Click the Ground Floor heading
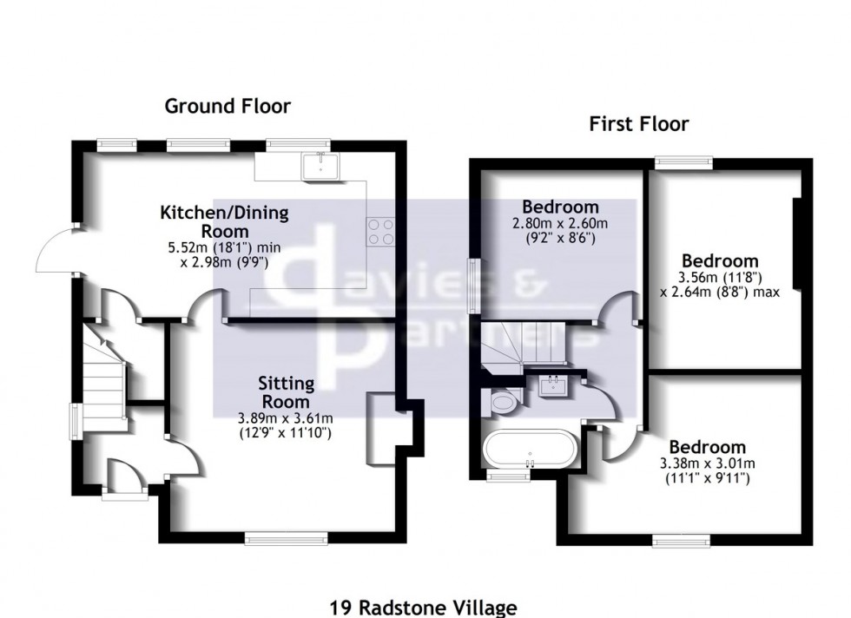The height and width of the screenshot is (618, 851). [228, 106]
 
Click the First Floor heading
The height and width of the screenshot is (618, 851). [638, 124]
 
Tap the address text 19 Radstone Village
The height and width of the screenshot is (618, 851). [423, 608]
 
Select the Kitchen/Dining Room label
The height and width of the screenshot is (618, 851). [224, 221]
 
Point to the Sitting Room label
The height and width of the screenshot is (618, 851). [285, 392]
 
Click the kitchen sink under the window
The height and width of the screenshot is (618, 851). [319, 166]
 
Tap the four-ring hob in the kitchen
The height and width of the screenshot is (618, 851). [379, 230]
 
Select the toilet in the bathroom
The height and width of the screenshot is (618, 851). [501, 401]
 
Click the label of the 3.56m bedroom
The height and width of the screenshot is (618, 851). [720, 260]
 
